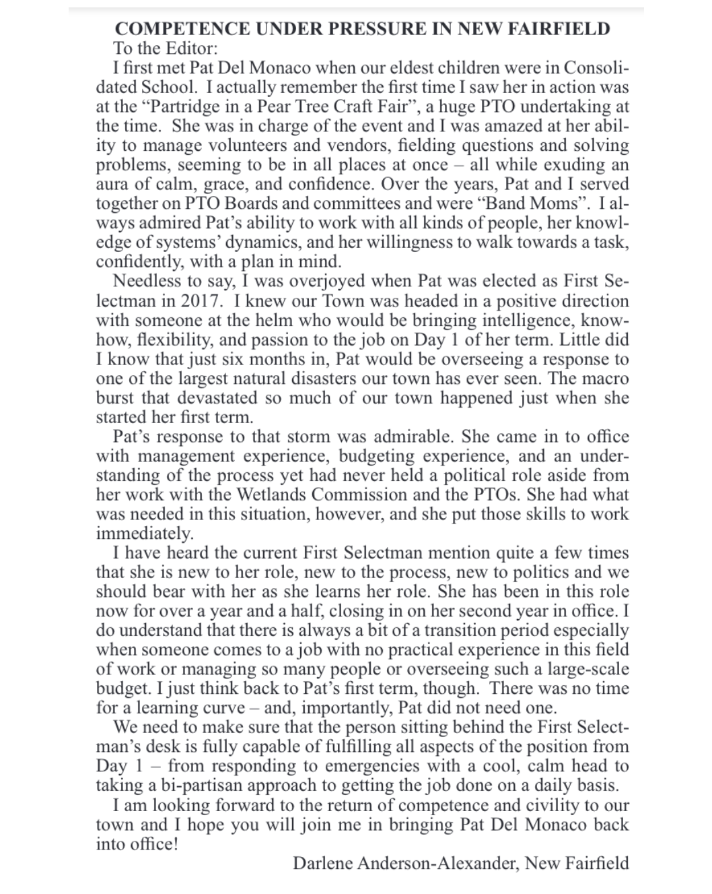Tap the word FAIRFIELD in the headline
click(555, 29)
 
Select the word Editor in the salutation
click(191, 49)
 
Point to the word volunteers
click(264, 146)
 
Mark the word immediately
click(144, 534)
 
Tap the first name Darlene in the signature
click(326, 863)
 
